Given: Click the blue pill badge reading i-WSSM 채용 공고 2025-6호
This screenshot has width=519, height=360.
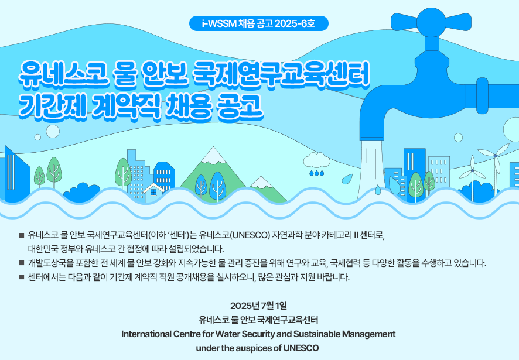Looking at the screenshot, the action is (258, 23).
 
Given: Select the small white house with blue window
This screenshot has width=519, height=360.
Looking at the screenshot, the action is (153, 191).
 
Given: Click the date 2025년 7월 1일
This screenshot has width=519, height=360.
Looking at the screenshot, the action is (258, 306).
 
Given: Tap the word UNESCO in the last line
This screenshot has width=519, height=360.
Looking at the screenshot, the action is (301, 348).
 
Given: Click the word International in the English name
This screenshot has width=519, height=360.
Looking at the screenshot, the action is (146, 334).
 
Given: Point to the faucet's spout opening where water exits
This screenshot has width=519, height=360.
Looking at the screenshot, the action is (372, 138).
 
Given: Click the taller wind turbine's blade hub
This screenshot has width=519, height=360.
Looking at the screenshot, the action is (495, 156).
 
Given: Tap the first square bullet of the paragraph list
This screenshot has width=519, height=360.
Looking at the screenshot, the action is (22, 235).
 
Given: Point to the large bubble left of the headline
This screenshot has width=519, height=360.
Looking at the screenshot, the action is (53, 131).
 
